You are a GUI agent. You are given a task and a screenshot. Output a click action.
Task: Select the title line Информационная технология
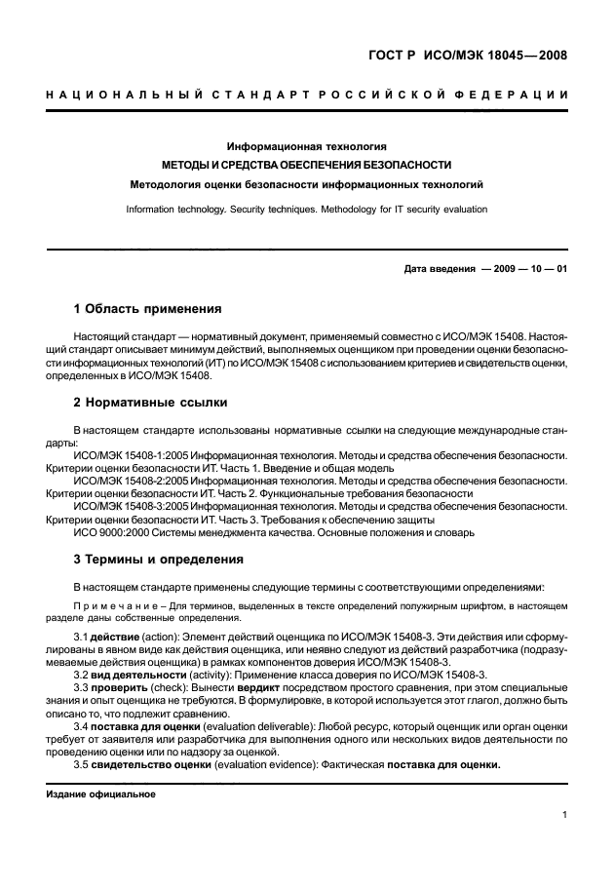tap(307, 145)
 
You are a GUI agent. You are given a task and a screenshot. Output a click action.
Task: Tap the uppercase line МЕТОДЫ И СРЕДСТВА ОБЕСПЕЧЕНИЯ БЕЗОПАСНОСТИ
tap(307, 165)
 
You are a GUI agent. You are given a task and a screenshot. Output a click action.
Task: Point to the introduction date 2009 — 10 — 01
tap(523, 269)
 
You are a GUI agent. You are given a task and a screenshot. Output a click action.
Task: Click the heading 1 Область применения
tap(148, 310)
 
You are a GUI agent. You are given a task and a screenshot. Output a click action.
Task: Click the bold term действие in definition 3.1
tap(117, 637)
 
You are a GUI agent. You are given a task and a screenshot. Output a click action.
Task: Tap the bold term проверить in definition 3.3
tap(120, 687)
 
